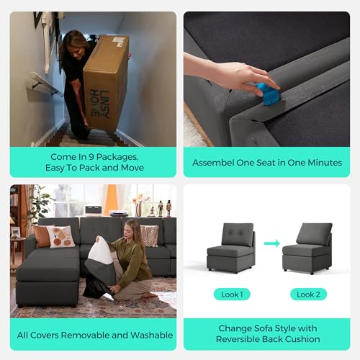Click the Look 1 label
(x=232, y=294)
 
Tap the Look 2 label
(x=308, y=294)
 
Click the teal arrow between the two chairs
(x=272, y=243)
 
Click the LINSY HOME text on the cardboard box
(x=99, y=104)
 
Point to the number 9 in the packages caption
(x=91, y=157)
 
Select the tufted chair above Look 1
(x=231, y=248)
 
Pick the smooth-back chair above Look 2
(x=307, y=248)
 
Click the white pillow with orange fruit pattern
(x=61, y=236)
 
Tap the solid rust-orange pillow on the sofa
(x=42, y=236)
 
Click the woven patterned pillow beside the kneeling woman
(x=149, y=235)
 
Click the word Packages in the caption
(x=117, y=157)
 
